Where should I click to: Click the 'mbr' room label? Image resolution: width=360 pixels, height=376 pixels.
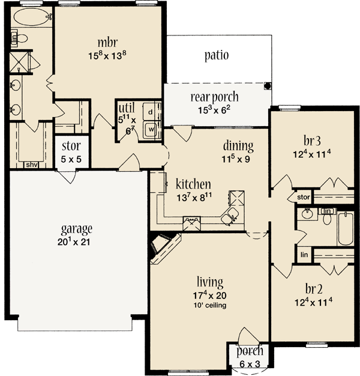point(108,43)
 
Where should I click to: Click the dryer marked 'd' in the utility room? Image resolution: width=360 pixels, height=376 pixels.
point(152,112)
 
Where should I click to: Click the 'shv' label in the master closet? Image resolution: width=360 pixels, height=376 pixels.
point(31,164)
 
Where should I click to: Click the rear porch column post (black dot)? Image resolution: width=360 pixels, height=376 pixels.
point(267,85)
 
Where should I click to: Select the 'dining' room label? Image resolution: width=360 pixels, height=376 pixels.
point(238,145)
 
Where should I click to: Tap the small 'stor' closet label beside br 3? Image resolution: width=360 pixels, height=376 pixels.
point(303,196)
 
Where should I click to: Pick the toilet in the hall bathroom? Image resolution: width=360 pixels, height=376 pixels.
point(327,217)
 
